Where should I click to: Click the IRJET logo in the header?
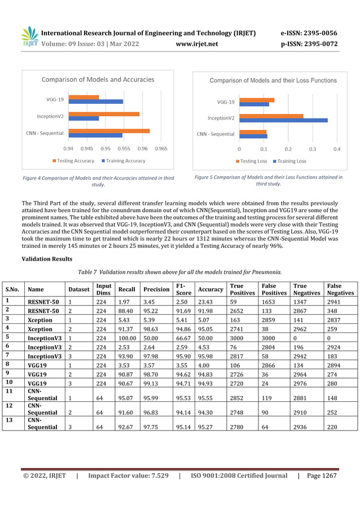click(x=29, y=37)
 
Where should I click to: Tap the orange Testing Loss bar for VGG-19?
click(x=257, y=100)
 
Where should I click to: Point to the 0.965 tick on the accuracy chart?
click(x=161, y=149)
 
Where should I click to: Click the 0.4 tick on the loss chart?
click(x=336, y=149)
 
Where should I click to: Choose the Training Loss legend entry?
click(x=291, y=161)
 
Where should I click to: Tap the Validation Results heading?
click(x=47, y=259)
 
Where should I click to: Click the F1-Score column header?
click(x=183, y=289)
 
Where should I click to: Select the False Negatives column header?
click(x=340, y=289)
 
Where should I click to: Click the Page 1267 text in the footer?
click(x=322, y=476)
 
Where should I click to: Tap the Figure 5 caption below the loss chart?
click(x=268, y=180)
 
